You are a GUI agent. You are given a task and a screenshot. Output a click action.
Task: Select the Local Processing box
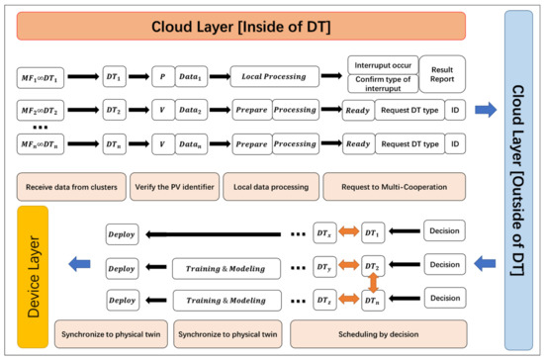(280, 74)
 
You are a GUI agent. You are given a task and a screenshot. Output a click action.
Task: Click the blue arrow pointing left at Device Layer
(80, 261)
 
